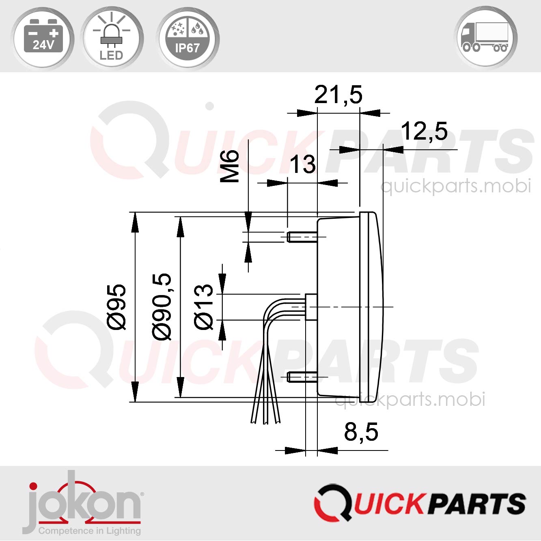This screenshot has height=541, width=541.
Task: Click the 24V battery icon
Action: (43, 37)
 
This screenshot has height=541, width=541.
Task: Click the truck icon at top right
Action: (486, 37)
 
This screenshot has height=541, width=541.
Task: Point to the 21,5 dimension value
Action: (338, 95)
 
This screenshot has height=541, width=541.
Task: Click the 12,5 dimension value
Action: (424, 131)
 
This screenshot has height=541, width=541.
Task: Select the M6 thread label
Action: (230, 166)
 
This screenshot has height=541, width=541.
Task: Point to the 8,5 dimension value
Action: (361, 432)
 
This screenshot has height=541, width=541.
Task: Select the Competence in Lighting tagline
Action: (89, 530)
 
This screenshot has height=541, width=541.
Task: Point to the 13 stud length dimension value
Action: (302, 164)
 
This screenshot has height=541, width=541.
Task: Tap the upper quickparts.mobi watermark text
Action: (455, 186)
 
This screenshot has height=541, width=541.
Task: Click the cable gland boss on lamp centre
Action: (311, 307)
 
